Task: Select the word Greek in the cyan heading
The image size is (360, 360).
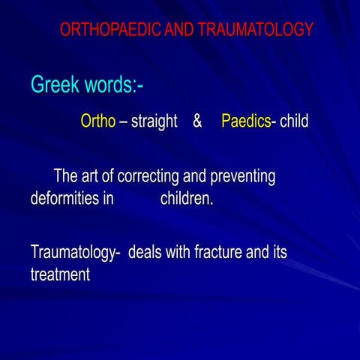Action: coord(53,85)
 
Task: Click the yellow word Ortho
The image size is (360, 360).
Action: coord(98,121)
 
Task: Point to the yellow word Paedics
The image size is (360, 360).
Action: coord(246,121)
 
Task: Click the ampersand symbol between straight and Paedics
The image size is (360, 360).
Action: coord(197,121)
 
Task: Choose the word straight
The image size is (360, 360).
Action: coord(154,121)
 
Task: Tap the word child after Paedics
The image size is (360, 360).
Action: coord(294,121)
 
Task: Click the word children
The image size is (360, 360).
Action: coord(187,199)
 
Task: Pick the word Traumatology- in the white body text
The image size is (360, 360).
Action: coord(76,253)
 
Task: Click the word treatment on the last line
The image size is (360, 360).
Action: coord(60,274)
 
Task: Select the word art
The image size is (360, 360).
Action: coord(91,178)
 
